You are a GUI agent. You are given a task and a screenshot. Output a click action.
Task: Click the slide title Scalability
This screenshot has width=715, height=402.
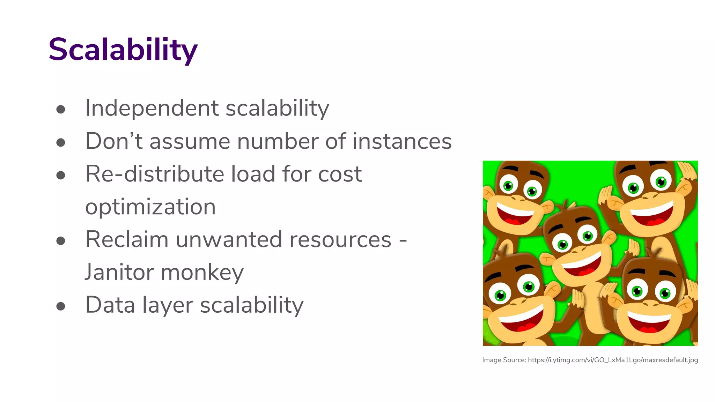123,50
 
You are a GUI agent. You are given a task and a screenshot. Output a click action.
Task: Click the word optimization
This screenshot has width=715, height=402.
150,207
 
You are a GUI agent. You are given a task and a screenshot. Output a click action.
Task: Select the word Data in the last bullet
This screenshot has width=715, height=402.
110,305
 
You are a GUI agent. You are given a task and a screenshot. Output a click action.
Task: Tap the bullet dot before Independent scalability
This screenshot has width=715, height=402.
61,110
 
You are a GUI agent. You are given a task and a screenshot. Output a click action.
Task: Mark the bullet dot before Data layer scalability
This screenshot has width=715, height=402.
61,306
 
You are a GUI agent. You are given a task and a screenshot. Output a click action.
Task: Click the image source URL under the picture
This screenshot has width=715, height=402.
613,360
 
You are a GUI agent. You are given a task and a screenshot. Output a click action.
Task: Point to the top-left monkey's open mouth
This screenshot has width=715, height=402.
514,215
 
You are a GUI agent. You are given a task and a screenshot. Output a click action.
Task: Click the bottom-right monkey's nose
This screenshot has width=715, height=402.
650,303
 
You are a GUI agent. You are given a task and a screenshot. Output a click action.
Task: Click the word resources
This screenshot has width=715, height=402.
340,239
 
